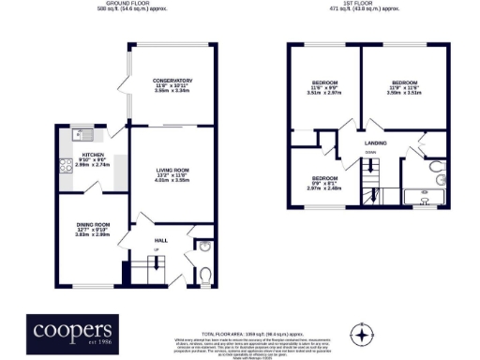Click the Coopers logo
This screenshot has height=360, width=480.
pos(73,332)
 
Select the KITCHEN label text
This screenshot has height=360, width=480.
pos(93,154)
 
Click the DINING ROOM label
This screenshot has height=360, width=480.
pos(94,224)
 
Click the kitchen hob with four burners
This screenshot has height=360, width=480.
pos(67,168)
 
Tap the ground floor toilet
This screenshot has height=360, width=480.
pos(205,275)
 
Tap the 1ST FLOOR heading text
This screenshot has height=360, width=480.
pos(363,5)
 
